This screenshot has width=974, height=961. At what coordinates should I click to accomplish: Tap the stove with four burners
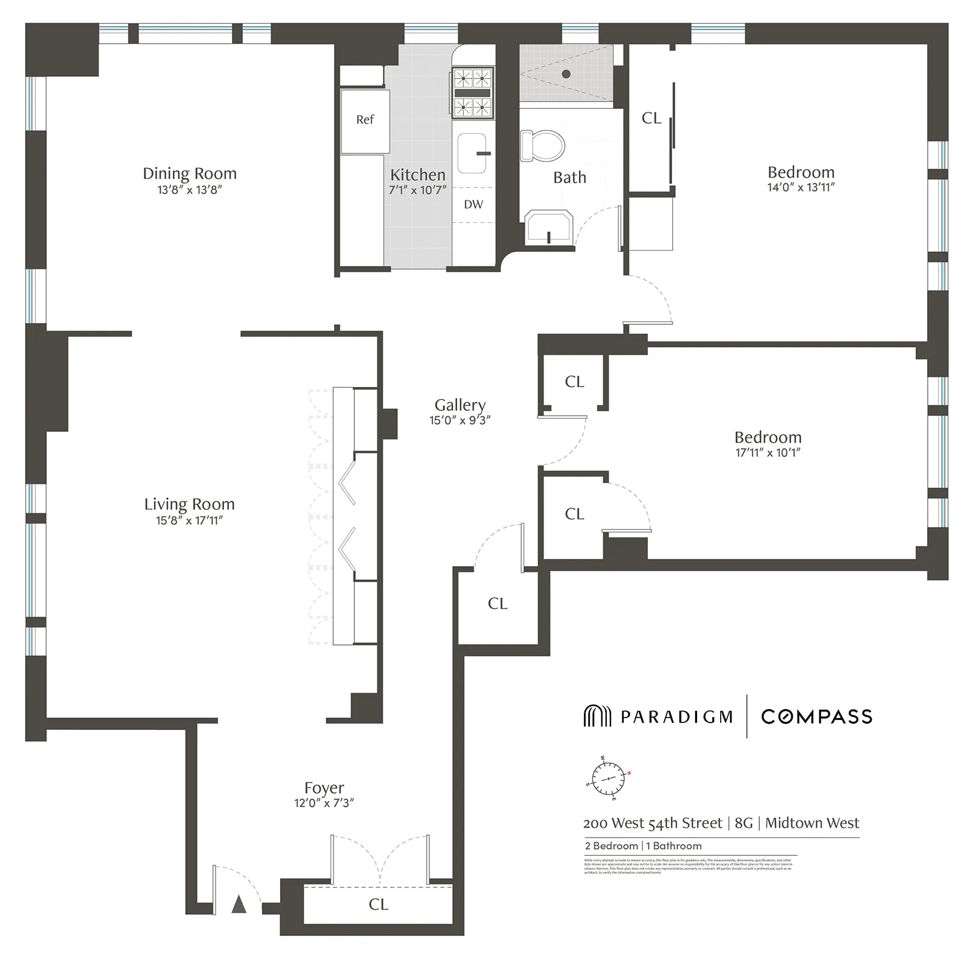[472, 93]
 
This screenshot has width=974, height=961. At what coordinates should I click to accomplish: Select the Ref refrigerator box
[365, 121]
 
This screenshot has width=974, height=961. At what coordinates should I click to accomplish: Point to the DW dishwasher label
[473, 204]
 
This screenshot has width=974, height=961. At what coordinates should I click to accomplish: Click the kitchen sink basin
[472, 153]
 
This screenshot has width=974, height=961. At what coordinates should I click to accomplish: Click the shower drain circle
[566, 74]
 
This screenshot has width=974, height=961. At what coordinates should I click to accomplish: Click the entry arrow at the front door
[239, 905]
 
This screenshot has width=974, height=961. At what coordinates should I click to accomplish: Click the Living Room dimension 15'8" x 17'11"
[189, 520]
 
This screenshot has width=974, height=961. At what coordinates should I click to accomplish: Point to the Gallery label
[460, 405]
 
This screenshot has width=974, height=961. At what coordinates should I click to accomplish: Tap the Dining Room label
[189, 173]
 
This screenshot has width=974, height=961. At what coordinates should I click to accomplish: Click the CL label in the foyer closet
[378, 904]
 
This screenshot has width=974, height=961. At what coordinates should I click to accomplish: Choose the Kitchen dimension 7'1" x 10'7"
[418, 190]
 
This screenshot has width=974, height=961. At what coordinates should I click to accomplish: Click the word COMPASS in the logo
[816, 716]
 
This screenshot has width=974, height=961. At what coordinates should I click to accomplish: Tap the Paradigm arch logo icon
[597, 716]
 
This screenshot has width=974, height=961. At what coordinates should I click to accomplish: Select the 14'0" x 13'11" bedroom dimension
[801, 187]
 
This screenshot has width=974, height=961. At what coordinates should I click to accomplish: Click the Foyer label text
[324, 788]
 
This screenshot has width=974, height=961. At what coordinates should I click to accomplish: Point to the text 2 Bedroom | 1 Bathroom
[643, 846]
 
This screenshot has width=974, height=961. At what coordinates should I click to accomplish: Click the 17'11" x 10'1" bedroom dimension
[768, 453]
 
